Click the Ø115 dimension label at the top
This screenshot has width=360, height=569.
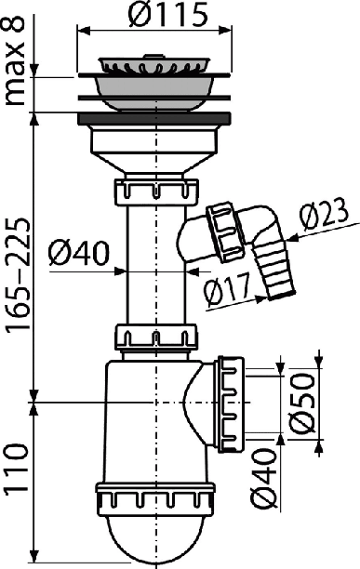coord(168,15)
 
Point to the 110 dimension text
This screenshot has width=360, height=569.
coord(16,468)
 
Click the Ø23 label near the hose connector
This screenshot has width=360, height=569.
coord(324,216)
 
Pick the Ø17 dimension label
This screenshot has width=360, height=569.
coord(228,289)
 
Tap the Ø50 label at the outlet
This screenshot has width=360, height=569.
coord(302,404)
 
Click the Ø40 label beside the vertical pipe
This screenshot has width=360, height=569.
coord(78,253)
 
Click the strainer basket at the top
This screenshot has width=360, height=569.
coord(154,64)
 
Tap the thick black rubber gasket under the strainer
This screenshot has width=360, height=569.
coord(154,119)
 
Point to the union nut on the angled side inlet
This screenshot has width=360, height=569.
coord(225,232)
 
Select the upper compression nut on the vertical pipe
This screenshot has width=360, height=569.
coord(157,192)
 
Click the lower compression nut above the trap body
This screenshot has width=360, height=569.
coord(157,338)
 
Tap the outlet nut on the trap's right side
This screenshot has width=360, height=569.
coord(232,404)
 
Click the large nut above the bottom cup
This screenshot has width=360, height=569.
coord(155,499)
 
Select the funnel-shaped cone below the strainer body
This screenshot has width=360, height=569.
coord(156,162)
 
